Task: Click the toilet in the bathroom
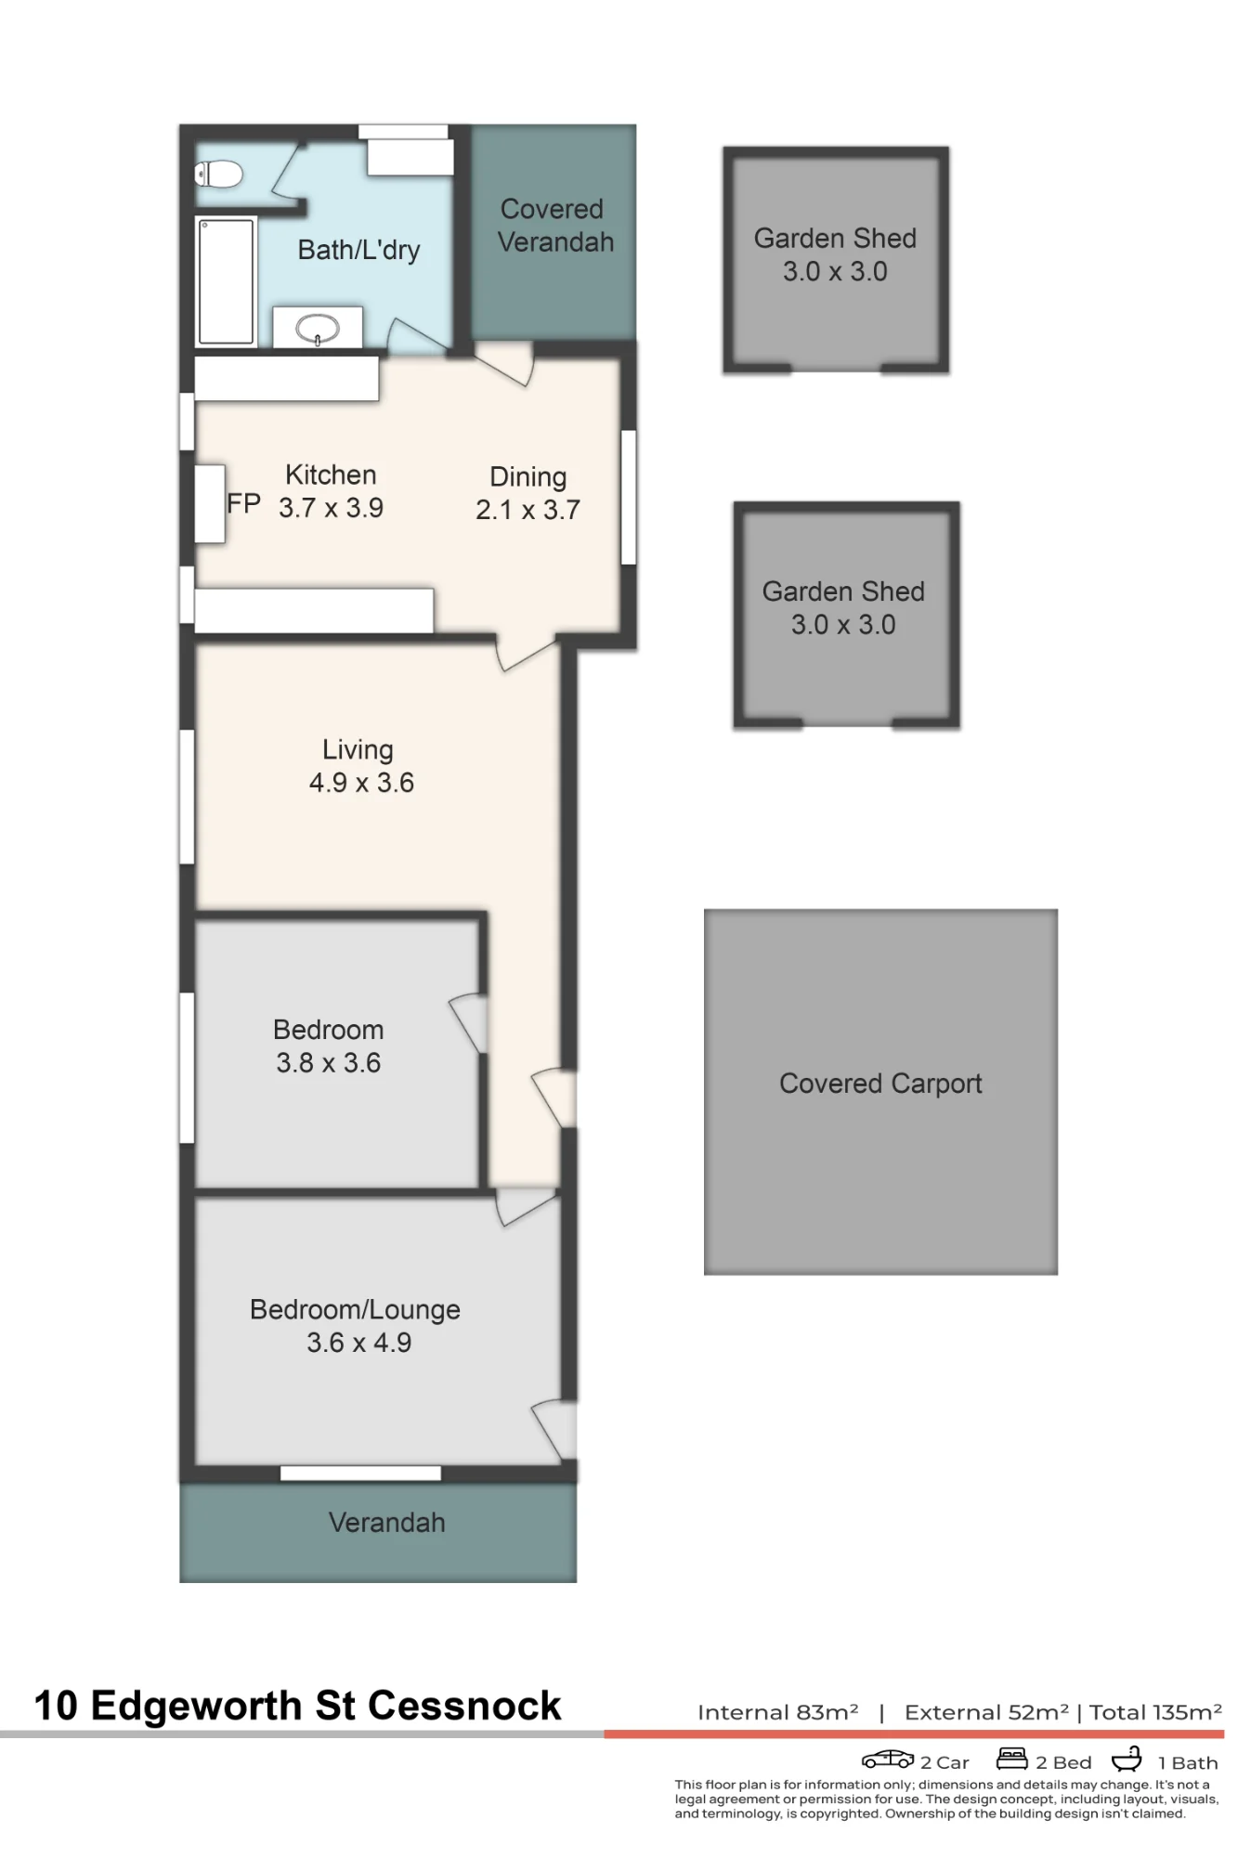219,174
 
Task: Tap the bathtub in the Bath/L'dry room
226,281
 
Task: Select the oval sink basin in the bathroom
318,328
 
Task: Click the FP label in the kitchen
243,504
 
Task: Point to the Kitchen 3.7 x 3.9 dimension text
331,508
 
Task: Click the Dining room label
528,476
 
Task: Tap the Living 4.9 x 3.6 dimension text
361,783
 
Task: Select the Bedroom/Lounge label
355,1309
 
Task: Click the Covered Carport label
880,1084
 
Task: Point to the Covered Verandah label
554,226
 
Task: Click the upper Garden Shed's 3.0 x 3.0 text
835,271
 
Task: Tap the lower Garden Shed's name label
843,591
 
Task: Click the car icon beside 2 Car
888,1759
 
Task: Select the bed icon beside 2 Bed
1011,1759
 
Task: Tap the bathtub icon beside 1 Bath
1127,1759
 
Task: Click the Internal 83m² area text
777,1712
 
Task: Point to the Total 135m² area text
1155,1712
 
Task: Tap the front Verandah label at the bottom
387,1523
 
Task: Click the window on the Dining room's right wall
629,497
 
